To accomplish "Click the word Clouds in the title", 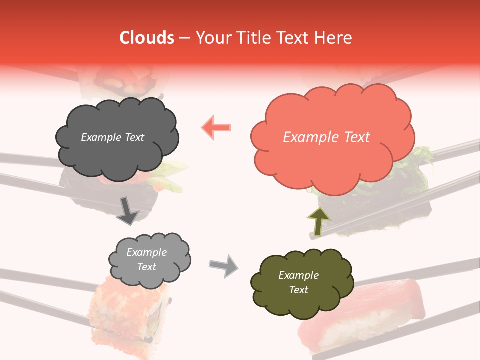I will pyautogui.click(x=147, y=38).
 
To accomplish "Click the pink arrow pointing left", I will pyautogui.click(x=216, y=127).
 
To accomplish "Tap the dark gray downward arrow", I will pyautogui.click(x=127, y=210).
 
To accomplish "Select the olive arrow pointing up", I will pyautogui.click(x=318, y=221).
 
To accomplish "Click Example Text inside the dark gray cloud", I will pyautogui.click(x=112, y=137).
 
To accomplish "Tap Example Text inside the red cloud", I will pyautogui.click(x=326, y=137).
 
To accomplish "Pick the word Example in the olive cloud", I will pyautogui.click(x=298, y=275).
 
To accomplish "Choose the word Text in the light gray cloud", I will pyautogui.click(x=146, y=267).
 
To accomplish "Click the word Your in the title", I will pyautogui.click(x=210, y=38).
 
